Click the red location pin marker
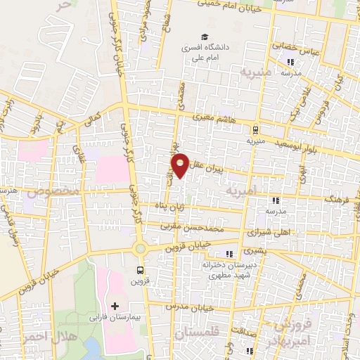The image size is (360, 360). (x=180, y=165)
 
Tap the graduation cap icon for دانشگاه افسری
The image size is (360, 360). (x=204, y=37)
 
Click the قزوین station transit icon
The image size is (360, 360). (x=140, y=269)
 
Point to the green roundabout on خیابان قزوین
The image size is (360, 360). (x=141, y=248)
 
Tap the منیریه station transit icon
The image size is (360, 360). (x=255, y=129)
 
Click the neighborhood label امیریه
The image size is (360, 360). (x=243, y=191)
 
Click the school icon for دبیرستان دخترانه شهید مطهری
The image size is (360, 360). (x=228, y=254)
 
